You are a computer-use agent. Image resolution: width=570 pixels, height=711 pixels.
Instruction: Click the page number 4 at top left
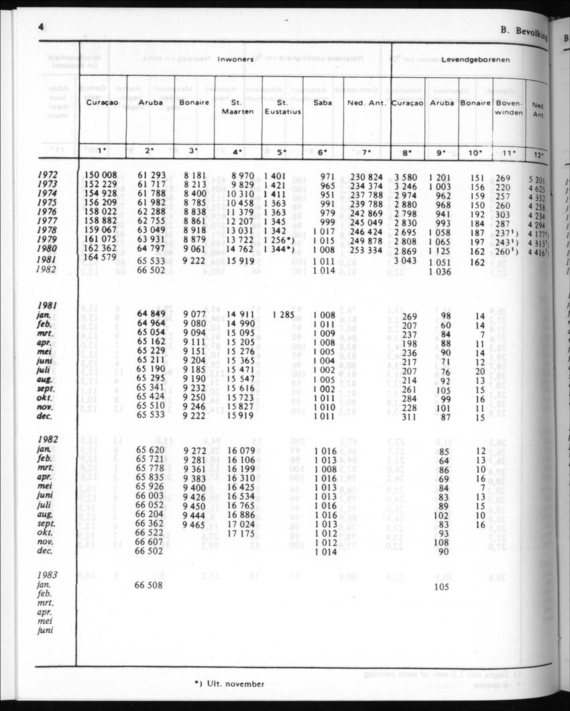click(x=41, y=27)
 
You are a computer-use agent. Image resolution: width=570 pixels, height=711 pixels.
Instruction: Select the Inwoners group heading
click(x=235, y=60)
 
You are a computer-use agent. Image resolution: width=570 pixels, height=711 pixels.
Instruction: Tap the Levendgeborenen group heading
click(x=475, y=60)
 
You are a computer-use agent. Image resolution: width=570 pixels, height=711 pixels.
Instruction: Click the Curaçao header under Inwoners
click(x=102, y=103)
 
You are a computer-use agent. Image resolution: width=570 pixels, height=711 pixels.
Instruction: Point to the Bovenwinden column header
click(x=509, y=107)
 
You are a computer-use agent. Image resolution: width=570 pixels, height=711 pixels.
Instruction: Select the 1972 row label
click(x=48, y=176)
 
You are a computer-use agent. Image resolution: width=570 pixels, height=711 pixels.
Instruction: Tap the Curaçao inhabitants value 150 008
click(x=101, y=176)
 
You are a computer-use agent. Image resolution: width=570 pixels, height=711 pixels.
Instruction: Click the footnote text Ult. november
click(x=235, y=685)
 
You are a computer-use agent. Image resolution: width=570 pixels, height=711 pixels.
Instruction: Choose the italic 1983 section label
click(x=49, y=575)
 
